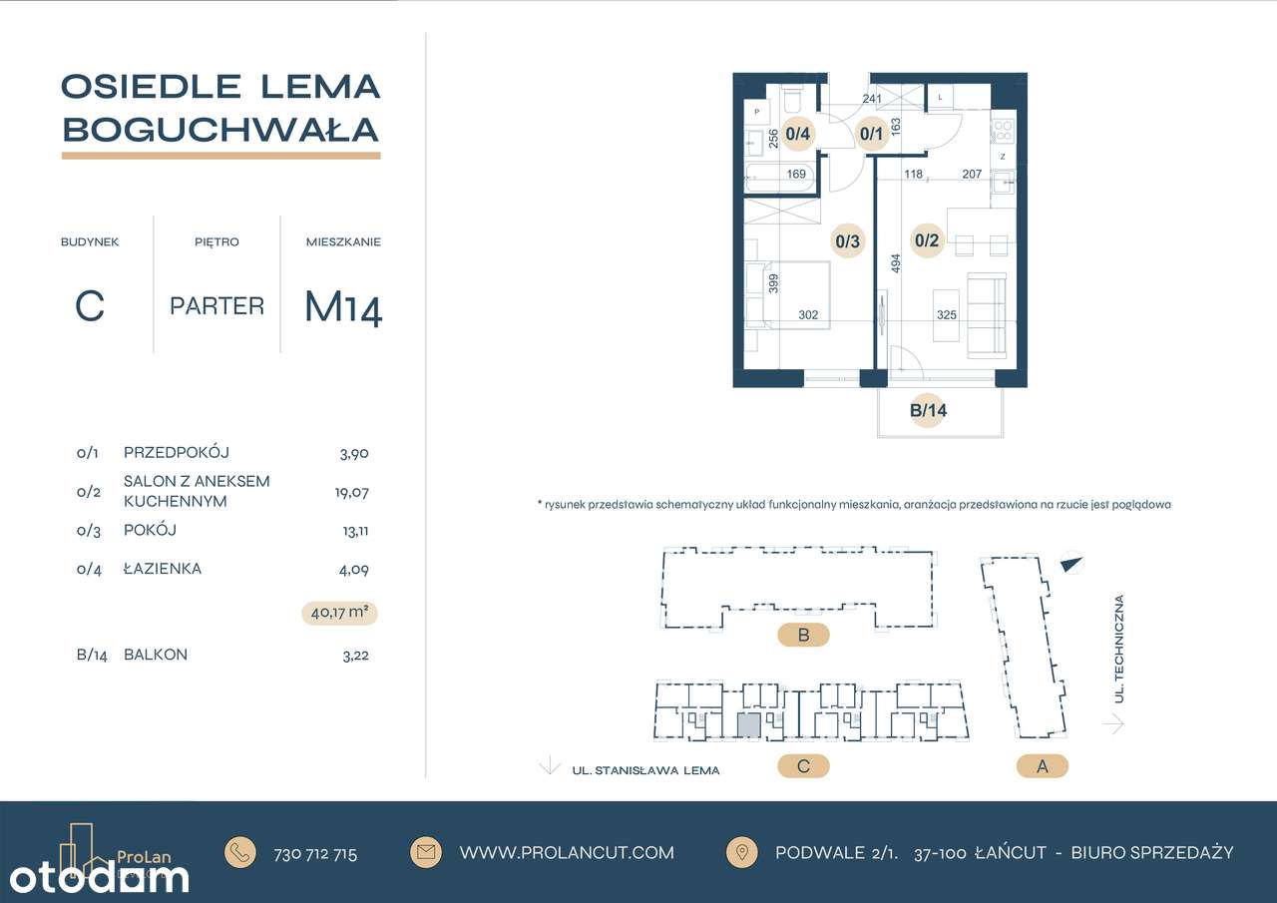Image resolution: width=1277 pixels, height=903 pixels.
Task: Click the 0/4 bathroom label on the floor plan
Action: [797, 133]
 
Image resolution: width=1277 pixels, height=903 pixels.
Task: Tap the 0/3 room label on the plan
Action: [848, 240]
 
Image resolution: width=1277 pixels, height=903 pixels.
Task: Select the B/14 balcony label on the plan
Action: [927, 409]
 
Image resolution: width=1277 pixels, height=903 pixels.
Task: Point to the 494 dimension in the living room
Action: [896, 263]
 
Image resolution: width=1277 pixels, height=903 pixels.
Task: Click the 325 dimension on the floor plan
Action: [948, 315]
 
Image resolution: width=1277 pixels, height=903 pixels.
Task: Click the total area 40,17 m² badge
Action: [339, 614]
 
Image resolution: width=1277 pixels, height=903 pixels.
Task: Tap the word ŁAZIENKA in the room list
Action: [163, 569]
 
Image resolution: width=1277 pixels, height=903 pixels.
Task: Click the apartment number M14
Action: [343, 307]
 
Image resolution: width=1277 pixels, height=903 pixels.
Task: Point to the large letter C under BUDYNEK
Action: [90, 307]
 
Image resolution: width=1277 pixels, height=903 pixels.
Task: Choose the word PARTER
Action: [216, 306]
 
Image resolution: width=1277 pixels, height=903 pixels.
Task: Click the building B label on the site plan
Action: [803, 635]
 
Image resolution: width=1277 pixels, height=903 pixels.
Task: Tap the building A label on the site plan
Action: [1043, 766]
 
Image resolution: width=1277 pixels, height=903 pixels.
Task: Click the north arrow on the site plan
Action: [1071, 564]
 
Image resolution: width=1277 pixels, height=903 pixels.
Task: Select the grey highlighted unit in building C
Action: [748, 725]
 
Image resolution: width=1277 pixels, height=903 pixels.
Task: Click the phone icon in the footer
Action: [240, 853]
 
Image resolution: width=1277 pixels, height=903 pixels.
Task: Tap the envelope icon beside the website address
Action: [426, 853]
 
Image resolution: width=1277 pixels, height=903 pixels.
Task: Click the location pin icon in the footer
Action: [741, 853]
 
